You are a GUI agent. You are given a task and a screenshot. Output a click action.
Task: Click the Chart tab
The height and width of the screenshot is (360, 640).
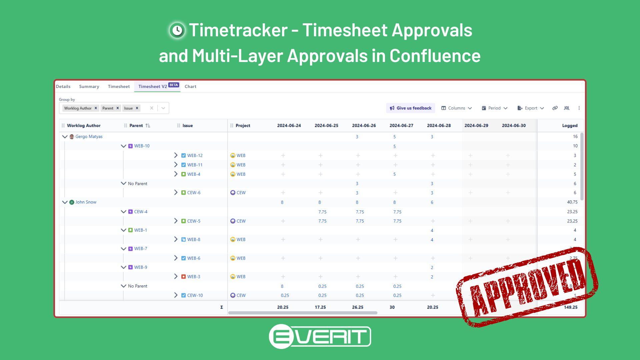pyautogui.click(x=190, y=87)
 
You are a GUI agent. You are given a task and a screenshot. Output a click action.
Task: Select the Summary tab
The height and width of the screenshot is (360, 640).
pyautogui.click(x=89, y=87)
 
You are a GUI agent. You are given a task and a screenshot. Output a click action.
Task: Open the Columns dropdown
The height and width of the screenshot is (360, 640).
pyautogui.click(x=456, y=108)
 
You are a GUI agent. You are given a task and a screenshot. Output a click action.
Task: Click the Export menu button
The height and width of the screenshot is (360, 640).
pyautogui.click(x=531, y=108)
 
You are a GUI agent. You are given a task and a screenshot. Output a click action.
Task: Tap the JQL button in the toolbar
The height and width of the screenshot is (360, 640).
pyautogui.click(x=567, y=108)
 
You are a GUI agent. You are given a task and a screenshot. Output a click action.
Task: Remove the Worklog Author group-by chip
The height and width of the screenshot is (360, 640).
pyautogui.click(x=96, y=108)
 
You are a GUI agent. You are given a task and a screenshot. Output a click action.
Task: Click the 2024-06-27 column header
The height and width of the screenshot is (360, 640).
pyautogui.click(x=401, y=126)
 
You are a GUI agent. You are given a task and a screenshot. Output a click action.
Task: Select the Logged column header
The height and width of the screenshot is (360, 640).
pyautogui.click(x=570, y=126)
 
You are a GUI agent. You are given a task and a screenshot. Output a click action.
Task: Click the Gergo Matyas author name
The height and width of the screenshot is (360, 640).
pyautogui.click(x=89, y=137)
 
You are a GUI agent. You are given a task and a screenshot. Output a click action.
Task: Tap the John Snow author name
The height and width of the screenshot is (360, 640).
pyautogui.click(x=86, y=202)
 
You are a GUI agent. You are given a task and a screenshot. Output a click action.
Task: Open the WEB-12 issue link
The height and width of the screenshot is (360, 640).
pyautogui.click(x=195, y=156)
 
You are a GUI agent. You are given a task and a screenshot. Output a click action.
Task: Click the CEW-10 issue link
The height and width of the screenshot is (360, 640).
pyautogui.click(x=195, y=295)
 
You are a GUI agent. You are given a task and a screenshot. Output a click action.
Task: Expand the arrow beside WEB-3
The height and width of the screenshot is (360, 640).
pyautogui.click(x=176, y=277)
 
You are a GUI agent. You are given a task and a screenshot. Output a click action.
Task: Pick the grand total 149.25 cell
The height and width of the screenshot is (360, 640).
pyautogui.click(x=571, y=307)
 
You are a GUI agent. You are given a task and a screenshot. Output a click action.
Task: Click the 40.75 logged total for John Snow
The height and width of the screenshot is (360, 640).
pyautogui.click(x=572, y=202)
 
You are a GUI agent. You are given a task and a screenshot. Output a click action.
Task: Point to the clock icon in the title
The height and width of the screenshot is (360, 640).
pyautogui.click(x=177, y=31)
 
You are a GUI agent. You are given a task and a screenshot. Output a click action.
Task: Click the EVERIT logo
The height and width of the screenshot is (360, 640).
pyautogui.click(x=320, y=336)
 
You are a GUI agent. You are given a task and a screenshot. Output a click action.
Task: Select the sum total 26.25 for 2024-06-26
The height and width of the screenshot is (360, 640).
pyautogui.click(x=358, y=307)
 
